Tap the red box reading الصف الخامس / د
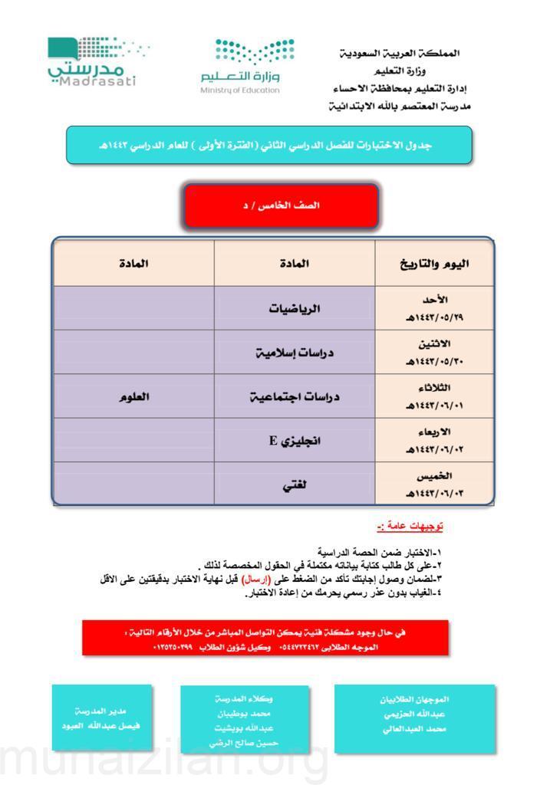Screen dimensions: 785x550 tap(281, 205)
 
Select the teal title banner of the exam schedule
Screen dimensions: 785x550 tap(269, 145)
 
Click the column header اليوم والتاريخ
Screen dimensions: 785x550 tap(435, 264)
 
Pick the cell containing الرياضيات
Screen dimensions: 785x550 tap(294, 309)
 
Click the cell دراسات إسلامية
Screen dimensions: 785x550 tap(294, 353)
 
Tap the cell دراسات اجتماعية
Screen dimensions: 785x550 tap(294, 397)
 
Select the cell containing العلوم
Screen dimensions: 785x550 tap(133, 397)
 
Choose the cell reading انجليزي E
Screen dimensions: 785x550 tap(294, 441)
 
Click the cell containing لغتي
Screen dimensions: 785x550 tap(294, 484)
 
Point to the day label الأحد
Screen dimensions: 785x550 tap(435, 300)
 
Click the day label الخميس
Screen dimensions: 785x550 tap(435, 475)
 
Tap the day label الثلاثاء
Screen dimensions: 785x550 tap(435, 388)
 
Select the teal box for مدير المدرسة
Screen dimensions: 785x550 tap(100, 718)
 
